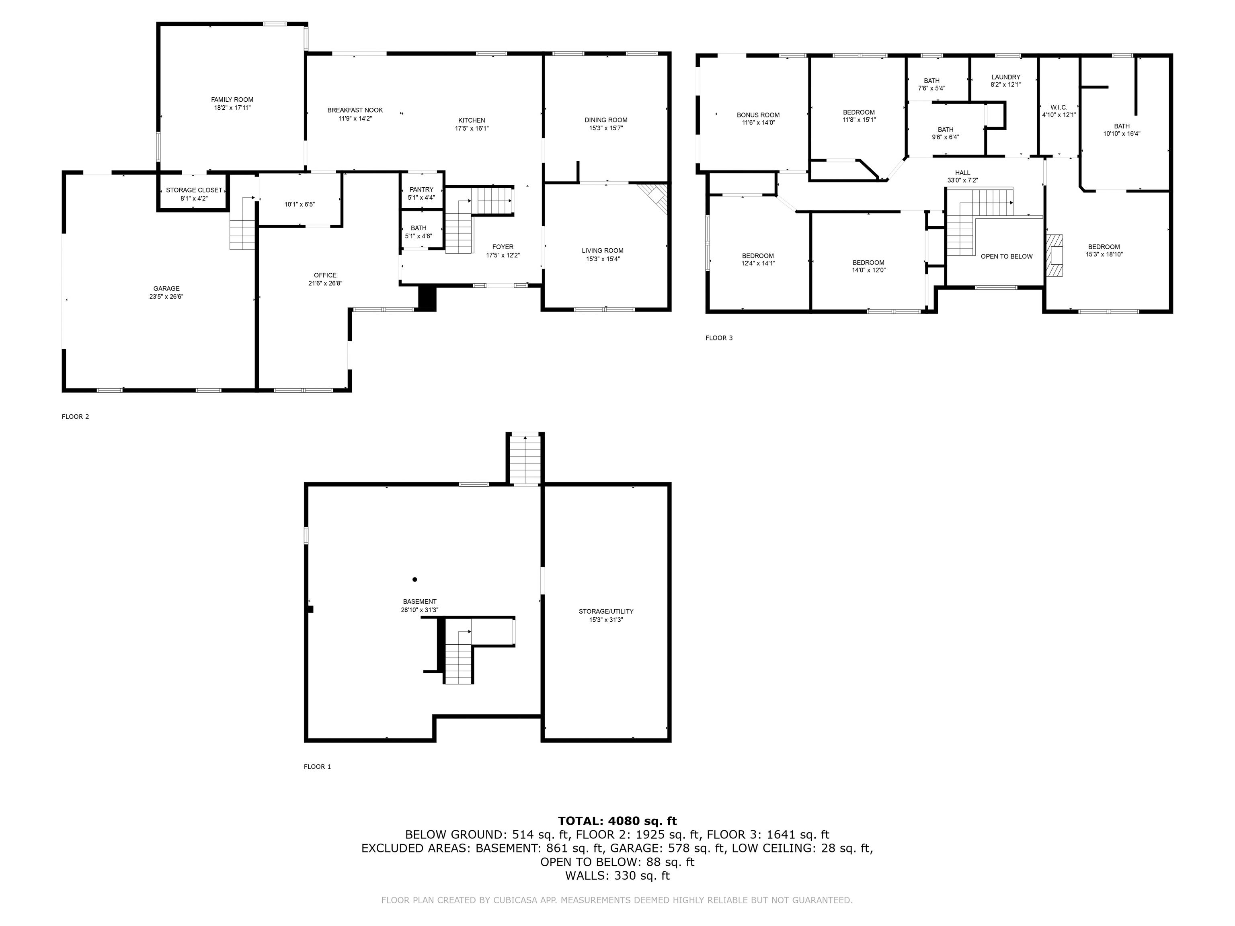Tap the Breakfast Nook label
point(355,111)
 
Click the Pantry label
point(422,190)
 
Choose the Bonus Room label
point(758,115)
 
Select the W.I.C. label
point(1059,107)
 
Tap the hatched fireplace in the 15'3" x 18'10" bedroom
point(1054,256)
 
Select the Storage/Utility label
point(606,611)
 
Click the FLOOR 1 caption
point(317,766)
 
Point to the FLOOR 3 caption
point(719,338)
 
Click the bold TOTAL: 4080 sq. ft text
point(617,821)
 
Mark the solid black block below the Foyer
point(427,298)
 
